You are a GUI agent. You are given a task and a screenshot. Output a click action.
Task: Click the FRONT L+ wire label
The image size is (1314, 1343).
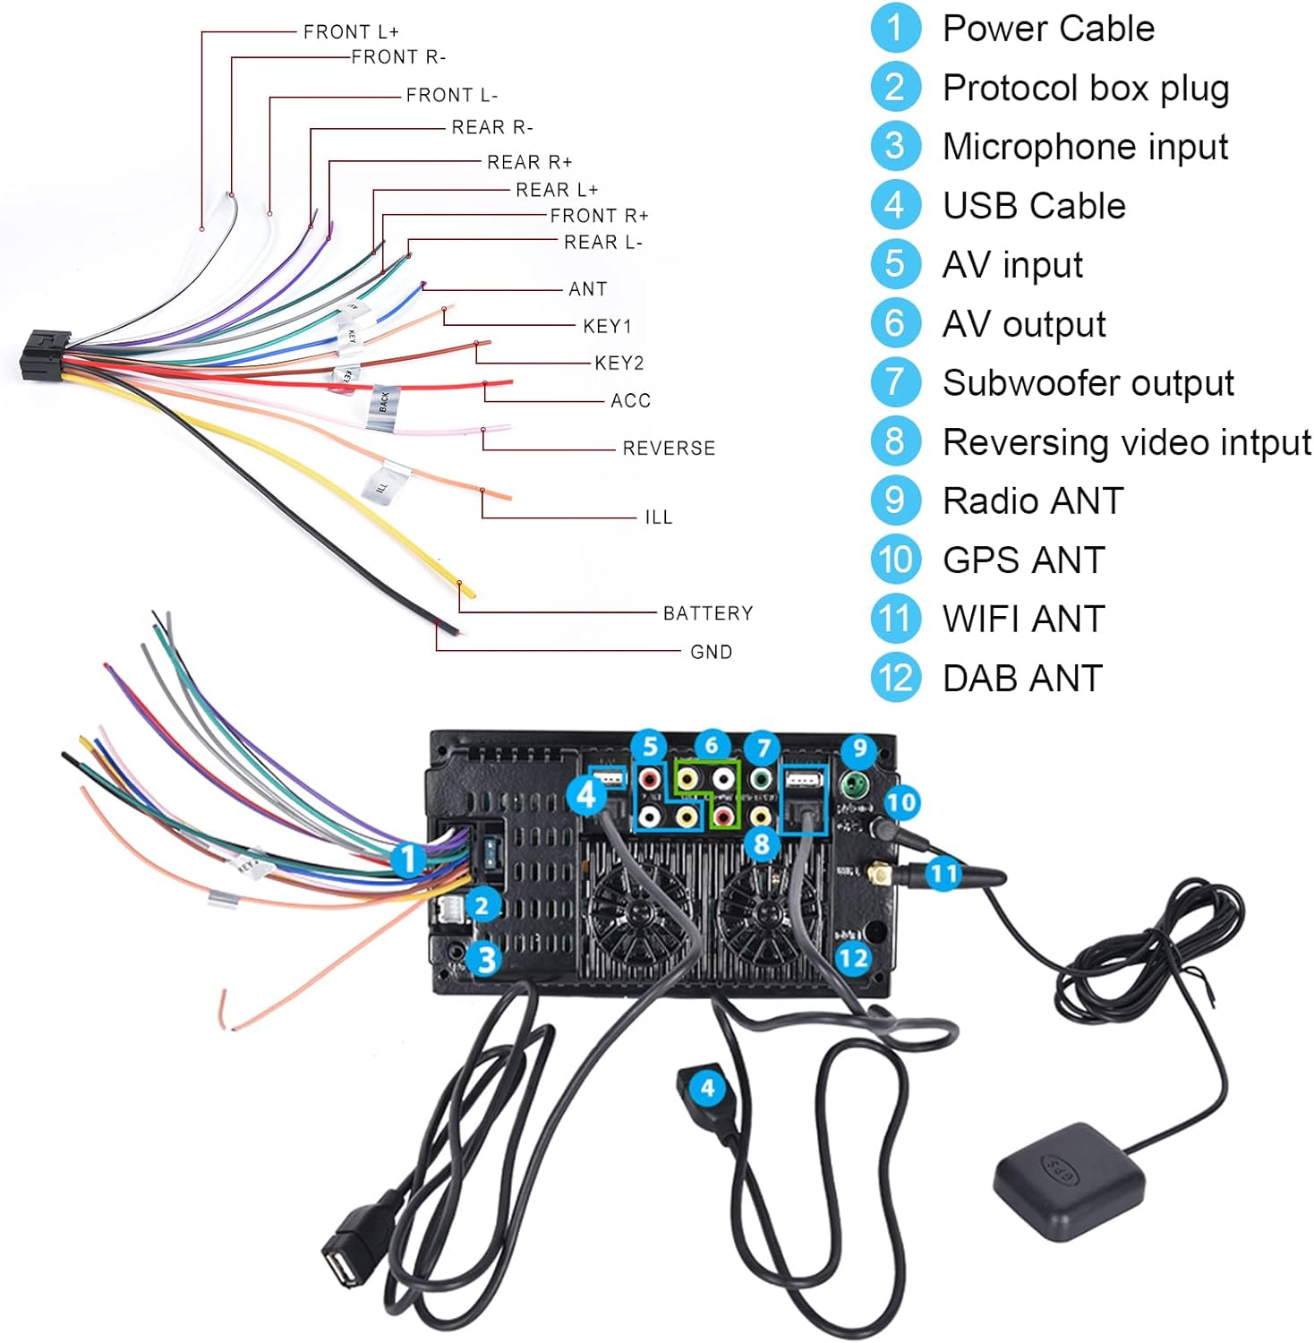[x=351, y=32]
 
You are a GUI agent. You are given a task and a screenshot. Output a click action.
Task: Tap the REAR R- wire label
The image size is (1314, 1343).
[x=491, y=127]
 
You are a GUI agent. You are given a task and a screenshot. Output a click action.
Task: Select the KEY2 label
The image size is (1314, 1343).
[x=619, y=363]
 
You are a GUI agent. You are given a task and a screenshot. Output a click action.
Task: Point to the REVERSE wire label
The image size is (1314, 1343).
[x=669, y=448]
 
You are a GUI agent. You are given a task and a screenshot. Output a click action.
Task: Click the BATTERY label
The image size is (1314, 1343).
[x=707, y=613]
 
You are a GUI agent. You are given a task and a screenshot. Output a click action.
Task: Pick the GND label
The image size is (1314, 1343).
[x=711, y=652]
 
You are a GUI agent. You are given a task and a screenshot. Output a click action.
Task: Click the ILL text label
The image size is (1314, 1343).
[x=658, y=518]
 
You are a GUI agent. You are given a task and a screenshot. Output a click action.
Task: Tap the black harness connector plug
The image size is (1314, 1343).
[x=45, y=355]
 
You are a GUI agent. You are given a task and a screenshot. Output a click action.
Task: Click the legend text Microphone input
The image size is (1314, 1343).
[x=1085, y=147]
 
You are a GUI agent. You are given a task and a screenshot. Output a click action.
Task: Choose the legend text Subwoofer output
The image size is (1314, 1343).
[x=1088, y=383]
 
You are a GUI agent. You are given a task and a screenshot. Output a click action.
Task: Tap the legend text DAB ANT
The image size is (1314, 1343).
[x=1022, y=678]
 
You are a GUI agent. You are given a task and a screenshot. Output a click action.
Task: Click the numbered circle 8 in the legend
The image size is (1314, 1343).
[x=894, y=441]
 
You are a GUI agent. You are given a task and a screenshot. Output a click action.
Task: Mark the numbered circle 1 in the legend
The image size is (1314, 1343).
[x=894, y=29]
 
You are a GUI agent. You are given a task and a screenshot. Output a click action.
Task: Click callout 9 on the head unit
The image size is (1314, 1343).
[x=858, y=748]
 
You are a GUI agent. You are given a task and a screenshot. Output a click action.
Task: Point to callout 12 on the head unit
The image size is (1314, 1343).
[x=852, y=959]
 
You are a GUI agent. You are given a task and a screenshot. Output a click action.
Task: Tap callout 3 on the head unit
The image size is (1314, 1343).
[x=485, y=960]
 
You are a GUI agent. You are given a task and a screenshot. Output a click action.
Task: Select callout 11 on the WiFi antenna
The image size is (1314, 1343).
[x=943, y=873]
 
